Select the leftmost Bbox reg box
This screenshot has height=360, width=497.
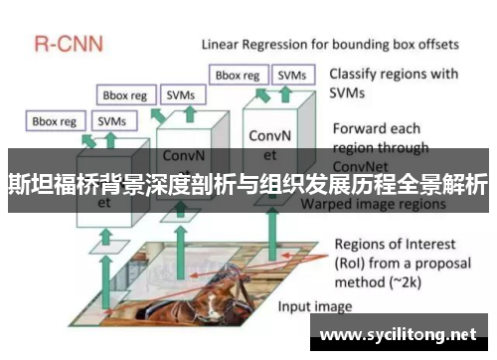click(x=55, y=121)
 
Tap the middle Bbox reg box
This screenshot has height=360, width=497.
click(x=126, y=95)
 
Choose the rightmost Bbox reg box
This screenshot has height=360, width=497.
click(x=238, y=75)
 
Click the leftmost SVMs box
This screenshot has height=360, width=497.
click(x=109, y=121)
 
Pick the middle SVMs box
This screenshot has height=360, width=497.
click(x=181, y=95)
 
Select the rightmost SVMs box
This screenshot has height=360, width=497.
click(x=291, y=75)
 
